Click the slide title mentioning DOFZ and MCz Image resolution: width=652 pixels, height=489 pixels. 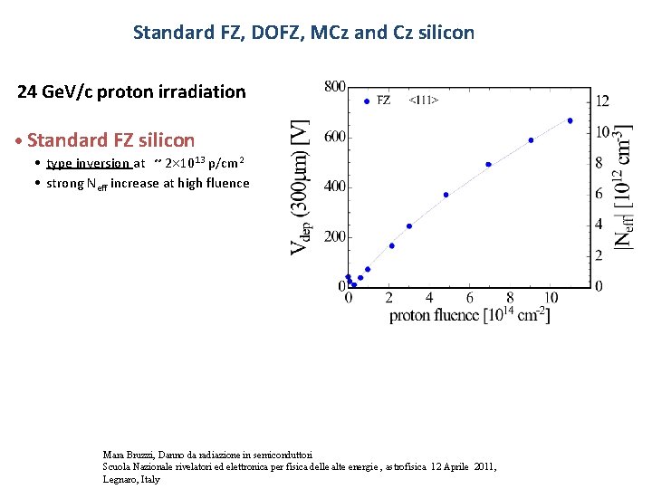303,33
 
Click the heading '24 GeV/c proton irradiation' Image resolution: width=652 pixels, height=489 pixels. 131,91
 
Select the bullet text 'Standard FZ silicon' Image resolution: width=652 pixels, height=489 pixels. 110,140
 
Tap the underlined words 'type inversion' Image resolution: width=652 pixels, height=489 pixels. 88,164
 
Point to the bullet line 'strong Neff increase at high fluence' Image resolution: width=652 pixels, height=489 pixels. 148,183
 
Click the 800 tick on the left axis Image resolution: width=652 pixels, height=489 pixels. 334,87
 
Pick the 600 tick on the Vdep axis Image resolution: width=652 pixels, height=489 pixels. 334,137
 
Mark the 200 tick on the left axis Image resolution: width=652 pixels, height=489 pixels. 334,236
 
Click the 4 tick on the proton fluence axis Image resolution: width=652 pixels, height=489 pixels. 429,298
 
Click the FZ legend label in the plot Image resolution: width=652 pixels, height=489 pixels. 383,101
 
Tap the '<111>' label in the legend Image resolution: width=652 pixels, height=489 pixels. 424,101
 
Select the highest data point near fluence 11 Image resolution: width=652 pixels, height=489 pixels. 570,120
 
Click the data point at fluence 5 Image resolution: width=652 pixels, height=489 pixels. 446,195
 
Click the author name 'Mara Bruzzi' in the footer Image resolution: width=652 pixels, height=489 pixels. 127,454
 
